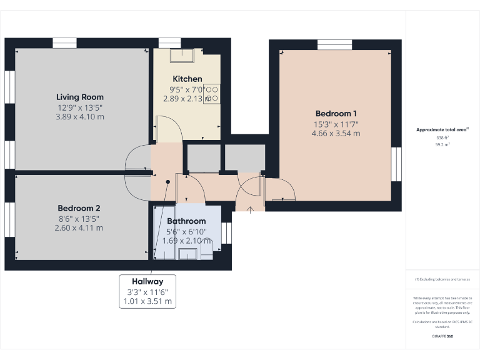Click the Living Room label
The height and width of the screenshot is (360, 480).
tap(80, 97)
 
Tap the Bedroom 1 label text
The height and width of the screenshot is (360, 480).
tap(336, 113)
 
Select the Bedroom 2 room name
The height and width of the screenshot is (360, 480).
tap(79, 208)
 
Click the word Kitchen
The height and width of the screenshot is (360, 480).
tap(187, 79)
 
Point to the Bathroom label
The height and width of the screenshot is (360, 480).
tap(186, 221)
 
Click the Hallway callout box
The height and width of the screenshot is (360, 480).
tap(147, 291)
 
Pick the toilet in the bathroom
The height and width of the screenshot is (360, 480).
tap(206, 252)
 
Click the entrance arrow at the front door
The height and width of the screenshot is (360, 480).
tap(250, 209)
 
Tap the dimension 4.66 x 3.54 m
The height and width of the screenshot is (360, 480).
tap(336, 133)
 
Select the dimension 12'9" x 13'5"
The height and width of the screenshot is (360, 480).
tap(80, 107)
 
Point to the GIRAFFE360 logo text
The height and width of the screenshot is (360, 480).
tap(442, 336)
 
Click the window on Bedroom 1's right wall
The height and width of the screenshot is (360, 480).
tap(396, 164)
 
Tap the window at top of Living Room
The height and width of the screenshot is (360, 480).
tap(64, 43)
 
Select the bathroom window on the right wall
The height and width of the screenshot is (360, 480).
tap(226, 232)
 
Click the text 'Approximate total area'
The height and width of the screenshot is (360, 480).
tap(441, 130)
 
